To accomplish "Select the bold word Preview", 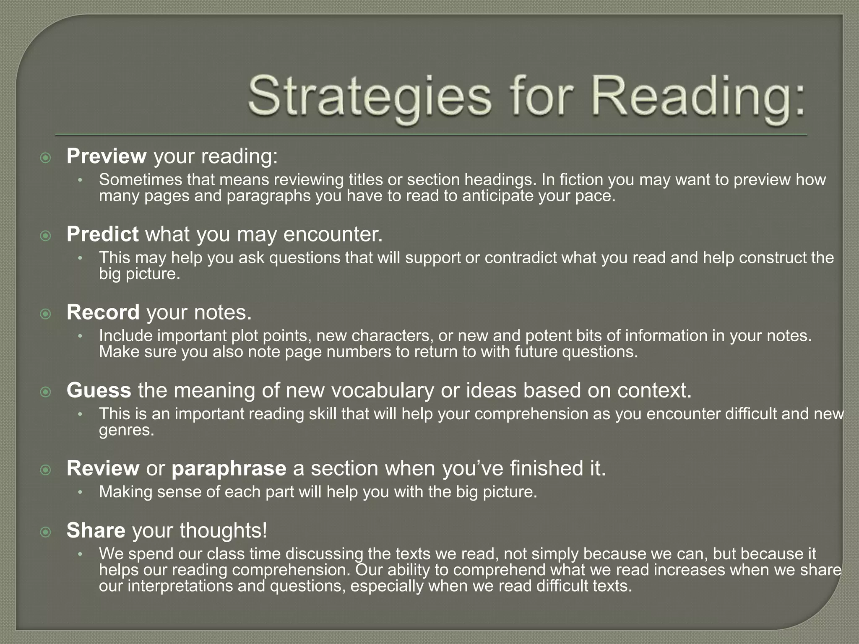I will [107, 156].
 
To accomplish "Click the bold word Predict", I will [102, 234].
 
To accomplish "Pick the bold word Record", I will [103, 312].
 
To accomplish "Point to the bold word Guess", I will [99, 390].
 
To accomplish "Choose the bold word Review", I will [103, 468].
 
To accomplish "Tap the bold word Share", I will [96, 530].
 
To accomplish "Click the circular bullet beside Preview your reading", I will [45, 158].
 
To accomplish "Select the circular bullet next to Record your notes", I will [45, 314].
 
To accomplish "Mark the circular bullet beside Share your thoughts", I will [45, 532].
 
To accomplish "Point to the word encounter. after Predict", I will [333, 234].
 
